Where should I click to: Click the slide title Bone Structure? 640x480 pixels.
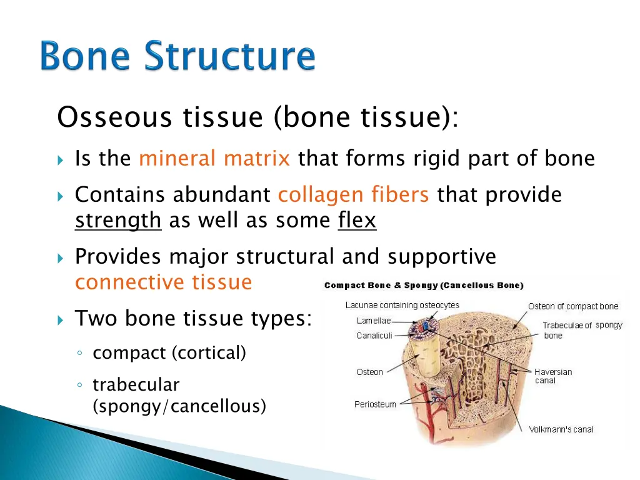point(178,57)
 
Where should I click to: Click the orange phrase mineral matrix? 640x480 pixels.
point(214,159)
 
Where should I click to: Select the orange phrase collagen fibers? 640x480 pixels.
point(353,195)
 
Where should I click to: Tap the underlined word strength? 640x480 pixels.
point(118,221)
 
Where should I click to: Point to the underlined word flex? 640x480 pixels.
point(357,221)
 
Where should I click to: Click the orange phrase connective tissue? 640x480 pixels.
point(163,282)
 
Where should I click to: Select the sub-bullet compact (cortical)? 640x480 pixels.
point(169,353)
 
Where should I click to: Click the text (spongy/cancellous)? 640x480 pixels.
point(179,406)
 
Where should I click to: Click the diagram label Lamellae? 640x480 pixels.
point(374,321)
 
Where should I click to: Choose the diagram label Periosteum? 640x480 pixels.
point(375,404)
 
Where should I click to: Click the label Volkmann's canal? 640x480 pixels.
point(561,429)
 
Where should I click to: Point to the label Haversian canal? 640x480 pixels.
point(552,376)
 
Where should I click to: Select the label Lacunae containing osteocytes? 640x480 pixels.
point(402,305)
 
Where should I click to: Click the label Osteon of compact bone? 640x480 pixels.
point(572,306)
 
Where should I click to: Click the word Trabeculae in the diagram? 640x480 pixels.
point(562,326)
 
